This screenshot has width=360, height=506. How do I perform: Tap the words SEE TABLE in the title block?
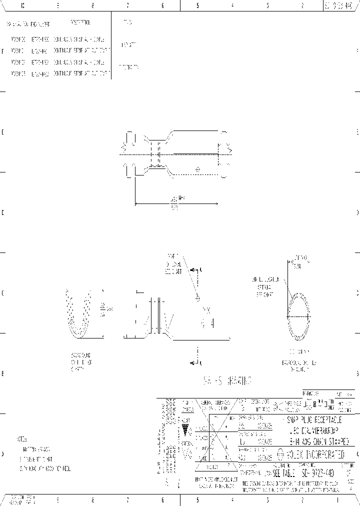click(x=285, y=471)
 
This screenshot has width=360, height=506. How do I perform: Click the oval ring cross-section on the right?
click(x=297, y=315)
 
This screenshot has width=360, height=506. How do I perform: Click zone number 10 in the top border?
click(x=23, y=6)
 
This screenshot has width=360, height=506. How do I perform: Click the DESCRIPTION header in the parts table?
click(x=80, y=23)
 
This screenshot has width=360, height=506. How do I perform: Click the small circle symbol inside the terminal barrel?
click(x=198, y=170)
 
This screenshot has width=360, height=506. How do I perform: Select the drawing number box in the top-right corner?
click(x=341, y=6)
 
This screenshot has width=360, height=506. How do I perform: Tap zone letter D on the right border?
click(x=357, y=212)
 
